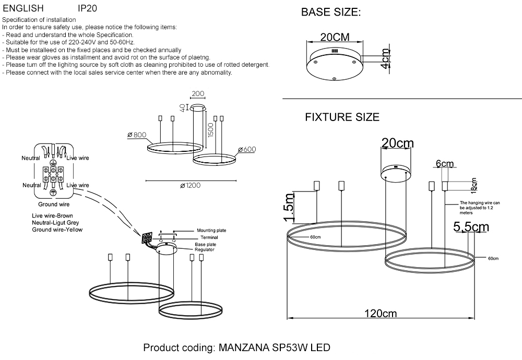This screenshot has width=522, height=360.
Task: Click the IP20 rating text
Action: [x=87, y=9]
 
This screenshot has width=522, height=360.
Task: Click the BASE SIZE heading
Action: [x=331, y=13]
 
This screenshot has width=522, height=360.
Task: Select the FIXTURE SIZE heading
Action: [x=342, y=117]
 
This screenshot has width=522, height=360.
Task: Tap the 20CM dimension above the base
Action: [x=335, y=37]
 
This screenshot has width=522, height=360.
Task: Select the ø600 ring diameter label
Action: [x=247, y=150]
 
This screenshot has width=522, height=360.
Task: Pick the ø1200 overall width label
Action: [x=190, y=185]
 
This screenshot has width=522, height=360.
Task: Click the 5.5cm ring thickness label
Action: [x=471, y=227]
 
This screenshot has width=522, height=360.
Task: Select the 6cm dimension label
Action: [x=445, y=164]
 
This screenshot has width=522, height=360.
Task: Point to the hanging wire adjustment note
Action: [x=480, y=207]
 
